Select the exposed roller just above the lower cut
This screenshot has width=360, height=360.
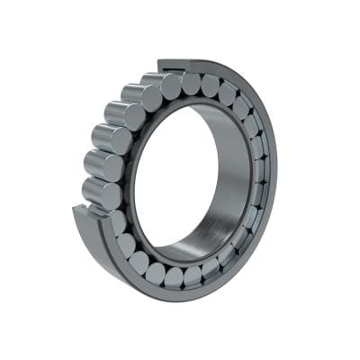tap(97, 193)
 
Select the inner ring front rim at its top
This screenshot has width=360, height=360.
tap(193, 100)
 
